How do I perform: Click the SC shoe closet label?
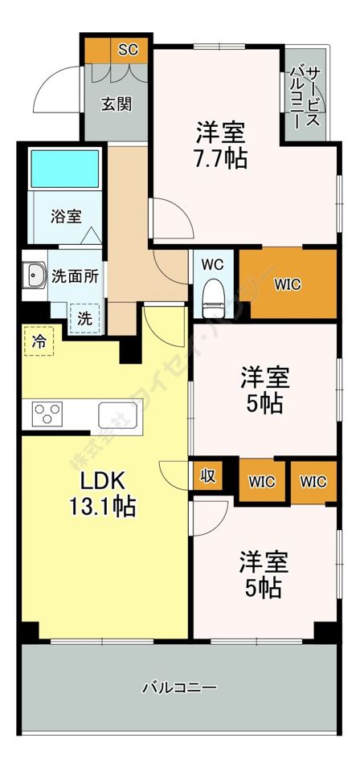[128, 50]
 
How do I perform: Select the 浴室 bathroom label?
[66, 216]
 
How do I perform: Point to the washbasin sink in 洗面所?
[34, 277]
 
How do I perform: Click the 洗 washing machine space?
[84, 317]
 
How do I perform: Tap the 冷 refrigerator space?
[39, 341]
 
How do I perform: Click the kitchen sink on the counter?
[119, 416]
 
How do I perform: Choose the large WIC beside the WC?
[288, 284]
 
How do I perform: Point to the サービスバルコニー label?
[304, 96]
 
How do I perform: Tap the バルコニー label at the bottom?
[179, 688]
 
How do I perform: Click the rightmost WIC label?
[313, 482]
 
